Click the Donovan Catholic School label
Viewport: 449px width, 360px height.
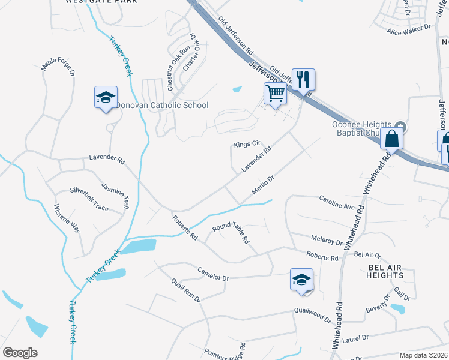point(162,106)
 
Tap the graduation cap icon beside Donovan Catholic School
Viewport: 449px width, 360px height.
point(106,98)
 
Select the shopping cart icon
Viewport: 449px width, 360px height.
point(275,94)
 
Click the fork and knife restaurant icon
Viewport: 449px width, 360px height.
point(304,79)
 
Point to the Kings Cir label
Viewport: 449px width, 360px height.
point(247,145)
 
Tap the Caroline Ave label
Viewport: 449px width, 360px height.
point(337,202)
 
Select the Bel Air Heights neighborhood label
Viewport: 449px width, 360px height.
point(386,271)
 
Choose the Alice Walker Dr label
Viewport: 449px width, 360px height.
point(409,30)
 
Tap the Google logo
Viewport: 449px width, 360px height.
point(20,352)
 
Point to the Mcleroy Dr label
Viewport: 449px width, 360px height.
point(326,240)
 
